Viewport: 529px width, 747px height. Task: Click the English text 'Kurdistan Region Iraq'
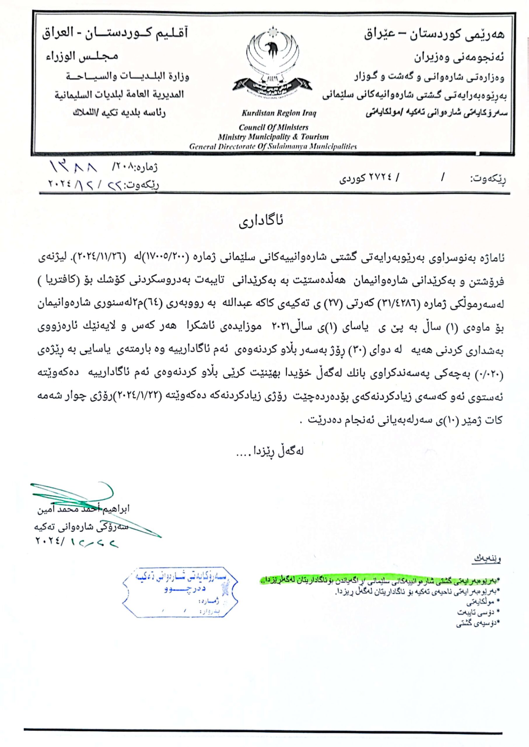(278, 114)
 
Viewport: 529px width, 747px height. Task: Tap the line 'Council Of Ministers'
(273, 127)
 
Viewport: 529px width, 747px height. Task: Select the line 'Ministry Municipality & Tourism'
(273, 137)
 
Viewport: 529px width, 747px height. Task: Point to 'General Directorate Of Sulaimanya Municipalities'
(273, 147)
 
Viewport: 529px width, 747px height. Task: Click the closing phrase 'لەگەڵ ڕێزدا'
(270, 451)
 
